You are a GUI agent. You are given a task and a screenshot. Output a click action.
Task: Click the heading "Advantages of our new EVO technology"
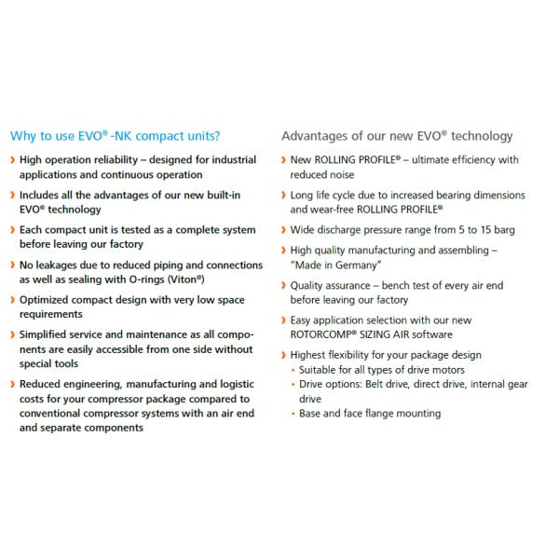397,136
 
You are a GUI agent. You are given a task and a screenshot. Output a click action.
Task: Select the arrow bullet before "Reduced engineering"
11,385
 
